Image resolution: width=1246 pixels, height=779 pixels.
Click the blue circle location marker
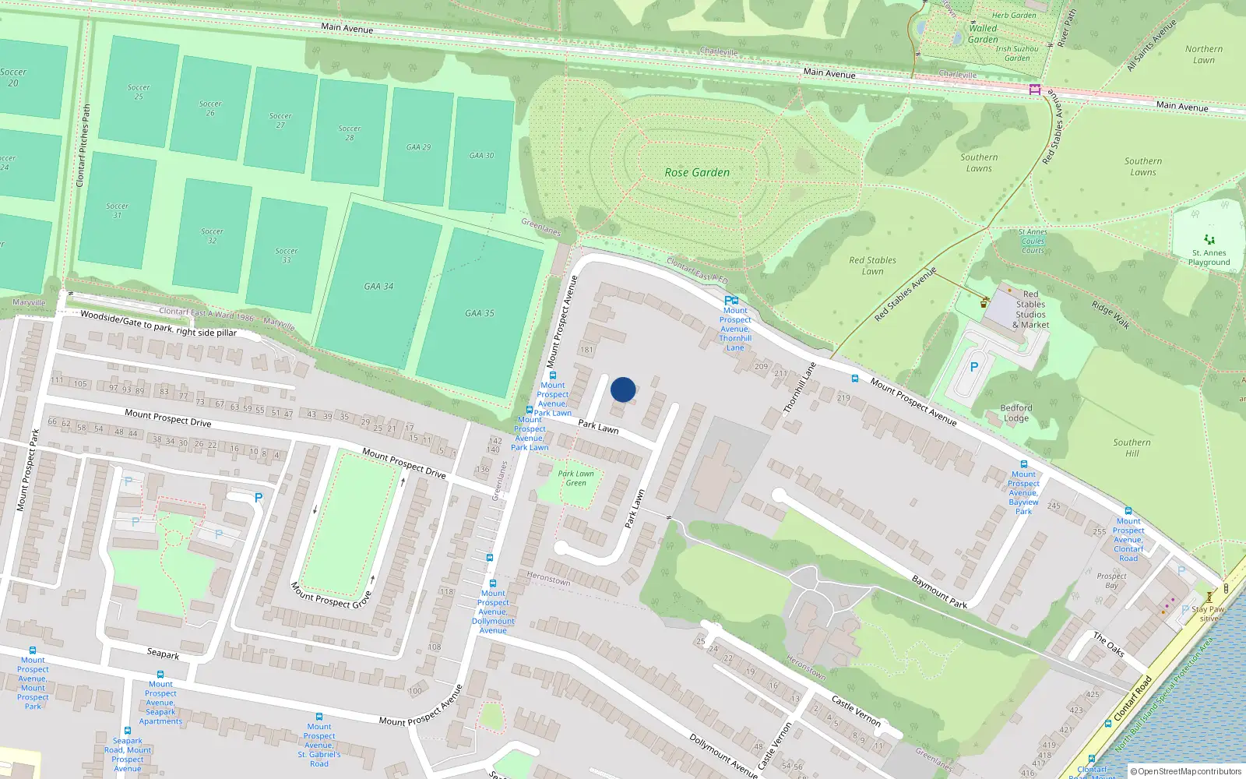pyautogui.click(x=623, y=389)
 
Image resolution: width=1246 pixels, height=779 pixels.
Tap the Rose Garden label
pyautogui.click(x=697, y=173)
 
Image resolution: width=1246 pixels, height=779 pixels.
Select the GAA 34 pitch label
pyautogui.click(x=378, y=287)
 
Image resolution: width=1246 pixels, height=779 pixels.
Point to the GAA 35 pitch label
pyautogui.click(x=480, y=313)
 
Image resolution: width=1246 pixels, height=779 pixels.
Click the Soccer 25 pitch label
pyautogui.click(x=139, y=92)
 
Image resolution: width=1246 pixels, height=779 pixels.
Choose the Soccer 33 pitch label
pyautogui.click(x=287, y=256)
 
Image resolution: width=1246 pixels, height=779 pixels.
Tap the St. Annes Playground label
pyautogui.click(x=1209, y=257)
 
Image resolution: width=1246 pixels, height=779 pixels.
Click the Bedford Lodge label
pyautogui.click(x=1016, y=413)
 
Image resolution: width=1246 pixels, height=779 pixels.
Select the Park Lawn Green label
pyautogui.click(x=576, y=478)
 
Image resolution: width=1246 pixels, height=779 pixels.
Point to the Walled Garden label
pyautogui.click(x=983, y=33)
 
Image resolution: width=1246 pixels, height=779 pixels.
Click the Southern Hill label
pyautogui.click(x=1132, y=448)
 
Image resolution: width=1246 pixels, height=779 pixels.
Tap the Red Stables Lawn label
pyautogui.click(x=872, y=266)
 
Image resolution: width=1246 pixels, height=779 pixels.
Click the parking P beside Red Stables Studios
pyautogui.click(x=973, y=367)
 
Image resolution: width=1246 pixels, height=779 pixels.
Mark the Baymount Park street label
pyautogui.click(x=939, y=592)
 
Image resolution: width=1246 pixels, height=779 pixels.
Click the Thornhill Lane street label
pyautogui.click(x=800, y=386)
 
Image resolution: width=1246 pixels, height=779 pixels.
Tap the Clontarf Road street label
pyautogui.click(x=1132, y=697)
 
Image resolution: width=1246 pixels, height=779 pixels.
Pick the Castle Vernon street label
pyautogui.click(x=856, y=711)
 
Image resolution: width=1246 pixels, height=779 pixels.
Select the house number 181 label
pyautogui.click(x=586, y=350)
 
